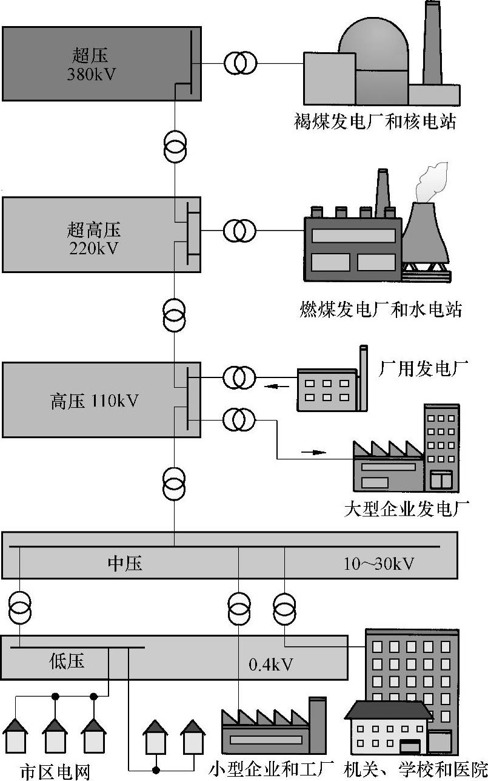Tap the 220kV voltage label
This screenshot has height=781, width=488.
[93, 248]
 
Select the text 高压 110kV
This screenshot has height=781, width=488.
[94, 401]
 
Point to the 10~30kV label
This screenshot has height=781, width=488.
[379, 564]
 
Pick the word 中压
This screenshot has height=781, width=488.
[125, 564]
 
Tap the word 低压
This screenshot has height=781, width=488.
[67, 661]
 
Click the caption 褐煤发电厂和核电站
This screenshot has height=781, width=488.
[372, 123]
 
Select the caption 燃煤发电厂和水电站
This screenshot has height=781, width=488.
[381, 310]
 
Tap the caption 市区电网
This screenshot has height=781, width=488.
[55, 771]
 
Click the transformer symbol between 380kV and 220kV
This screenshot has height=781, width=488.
[175, 146]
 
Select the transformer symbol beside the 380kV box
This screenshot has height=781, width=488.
[241, 63]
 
